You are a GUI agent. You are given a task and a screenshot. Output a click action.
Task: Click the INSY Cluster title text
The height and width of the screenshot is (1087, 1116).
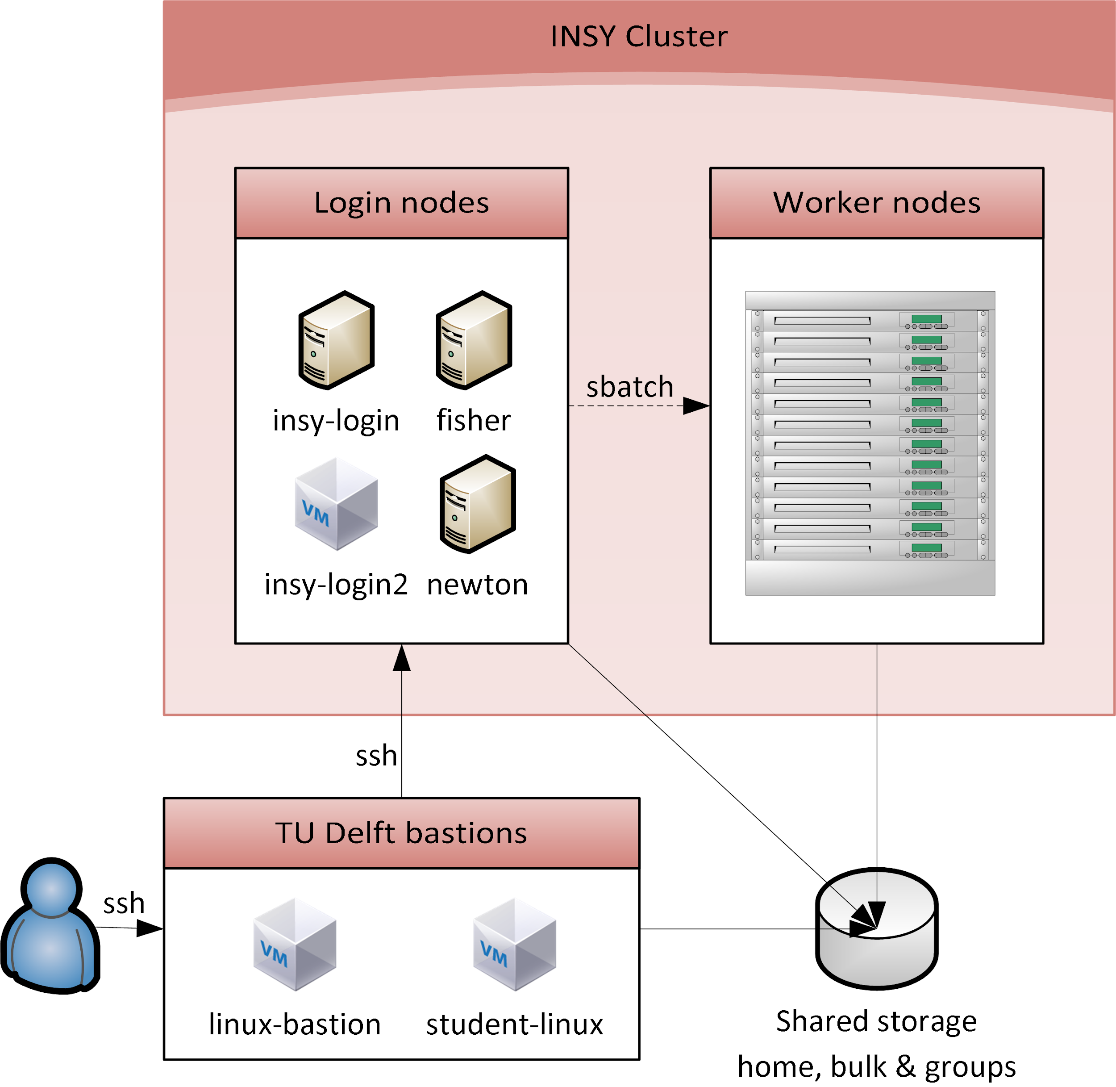click(638, 37)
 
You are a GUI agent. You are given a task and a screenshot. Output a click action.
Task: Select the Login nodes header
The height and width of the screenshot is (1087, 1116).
click(401, 203)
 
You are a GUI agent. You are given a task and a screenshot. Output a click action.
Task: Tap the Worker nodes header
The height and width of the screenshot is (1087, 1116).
click(876, 203)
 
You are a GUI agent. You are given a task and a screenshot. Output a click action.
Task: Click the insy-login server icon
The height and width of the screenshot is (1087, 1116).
click(336, 340)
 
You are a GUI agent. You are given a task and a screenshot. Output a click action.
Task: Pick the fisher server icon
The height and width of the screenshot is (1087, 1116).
click(474, 340)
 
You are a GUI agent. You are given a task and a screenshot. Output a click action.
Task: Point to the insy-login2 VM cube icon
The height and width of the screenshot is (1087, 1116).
click(336, 504)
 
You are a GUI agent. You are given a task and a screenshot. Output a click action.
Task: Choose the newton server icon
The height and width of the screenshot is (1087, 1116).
click(478, 504)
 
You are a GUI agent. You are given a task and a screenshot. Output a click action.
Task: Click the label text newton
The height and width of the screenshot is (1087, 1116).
click(478, 585)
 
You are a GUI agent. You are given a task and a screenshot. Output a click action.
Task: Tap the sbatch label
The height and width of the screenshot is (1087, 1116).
click(630, 387)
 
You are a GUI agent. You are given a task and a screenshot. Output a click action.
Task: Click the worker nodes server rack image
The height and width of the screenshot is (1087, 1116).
click(870, 443)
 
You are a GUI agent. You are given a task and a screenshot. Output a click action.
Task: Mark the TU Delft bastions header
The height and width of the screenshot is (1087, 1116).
click(401, 833)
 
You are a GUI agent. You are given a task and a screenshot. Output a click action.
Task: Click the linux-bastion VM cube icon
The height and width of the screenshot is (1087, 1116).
click(295, 944)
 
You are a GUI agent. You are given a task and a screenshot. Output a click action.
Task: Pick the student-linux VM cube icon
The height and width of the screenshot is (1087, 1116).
click(515, 944)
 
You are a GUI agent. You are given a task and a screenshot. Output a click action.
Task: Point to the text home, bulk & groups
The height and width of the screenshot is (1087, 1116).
click(876, 1066)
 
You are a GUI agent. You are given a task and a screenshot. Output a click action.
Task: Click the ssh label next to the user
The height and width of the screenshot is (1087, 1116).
click(124, 903)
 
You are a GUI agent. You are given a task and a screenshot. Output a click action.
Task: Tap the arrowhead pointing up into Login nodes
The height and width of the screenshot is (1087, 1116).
click(402, 658)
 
